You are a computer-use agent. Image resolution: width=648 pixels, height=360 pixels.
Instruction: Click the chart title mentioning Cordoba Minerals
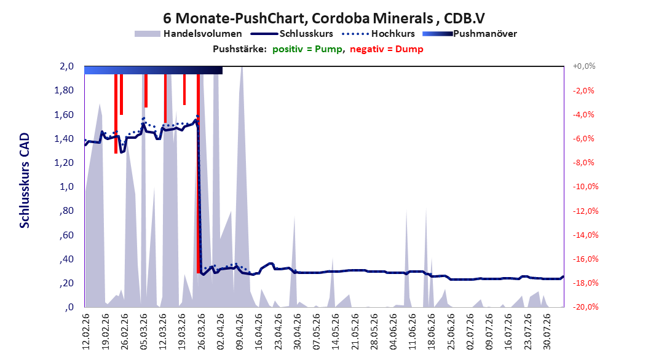pyautogui.click(x=323, y=18)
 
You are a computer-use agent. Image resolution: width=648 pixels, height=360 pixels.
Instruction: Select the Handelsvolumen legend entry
pyautogui.click(x=189, y=34)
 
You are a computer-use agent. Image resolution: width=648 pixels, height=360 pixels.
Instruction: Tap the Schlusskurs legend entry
pyautogui.click(x=292, y=34)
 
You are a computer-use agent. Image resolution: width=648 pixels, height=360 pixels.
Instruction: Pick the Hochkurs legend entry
pyautogui.click(x=379, y=34)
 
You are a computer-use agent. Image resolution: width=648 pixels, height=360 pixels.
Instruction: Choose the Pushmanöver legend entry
pyautogui.click(x=470, y=34)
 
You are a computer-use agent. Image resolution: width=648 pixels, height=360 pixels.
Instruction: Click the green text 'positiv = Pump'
pyautogui.click(x=307, y=49)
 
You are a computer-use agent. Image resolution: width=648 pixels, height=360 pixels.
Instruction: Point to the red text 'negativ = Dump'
pyautogui.click(x=387, y=49)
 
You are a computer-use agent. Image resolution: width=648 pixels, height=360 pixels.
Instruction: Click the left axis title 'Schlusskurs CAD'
pyautogui.click(x=25, y=181)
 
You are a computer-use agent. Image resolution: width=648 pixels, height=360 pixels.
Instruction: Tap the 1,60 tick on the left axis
pyautogui.click(x=64, y=114)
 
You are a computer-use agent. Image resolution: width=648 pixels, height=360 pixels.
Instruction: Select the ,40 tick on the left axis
pyautogui.click(x=66, y=259)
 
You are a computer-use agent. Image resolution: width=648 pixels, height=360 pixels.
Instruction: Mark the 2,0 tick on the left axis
pyautogui.click(x=66, y=66)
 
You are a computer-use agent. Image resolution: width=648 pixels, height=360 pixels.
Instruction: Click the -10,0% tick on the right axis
pyautogui.click(x=585, y=187)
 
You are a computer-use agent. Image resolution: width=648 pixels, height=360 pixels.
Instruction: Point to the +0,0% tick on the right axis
pyautogui.click(x=584, y=66)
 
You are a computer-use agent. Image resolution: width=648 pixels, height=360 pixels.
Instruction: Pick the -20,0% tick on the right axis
pyautogui.click(x=585, y=307)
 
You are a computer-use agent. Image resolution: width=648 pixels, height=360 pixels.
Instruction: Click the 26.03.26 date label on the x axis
pyautogui.click(x=200, y=332)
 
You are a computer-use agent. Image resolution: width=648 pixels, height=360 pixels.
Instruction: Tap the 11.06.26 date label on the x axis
pyautogui.click(x=412, y=332)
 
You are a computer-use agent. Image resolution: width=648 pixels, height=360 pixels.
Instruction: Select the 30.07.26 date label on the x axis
pyautogui.click(x=547, y=332)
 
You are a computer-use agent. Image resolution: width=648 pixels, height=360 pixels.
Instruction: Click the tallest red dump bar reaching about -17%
pyautogui.click(x=199, y=173)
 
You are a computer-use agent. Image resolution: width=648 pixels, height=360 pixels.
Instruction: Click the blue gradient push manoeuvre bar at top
pyautogui.click(x=153, y=70)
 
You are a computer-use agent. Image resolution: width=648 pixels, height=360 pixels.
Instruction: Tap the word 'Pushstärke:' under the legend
pyautogui.click(x=240, y=49)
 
